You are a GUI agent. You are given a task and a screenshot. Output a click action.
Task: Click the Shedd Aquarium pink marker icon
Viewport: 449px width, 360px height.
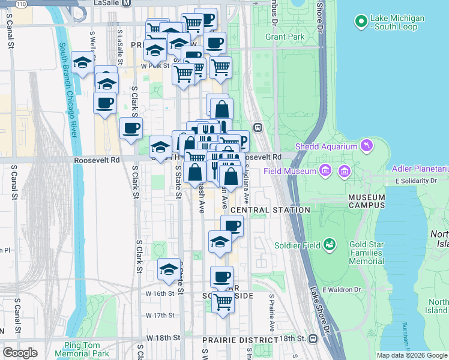point(365,146)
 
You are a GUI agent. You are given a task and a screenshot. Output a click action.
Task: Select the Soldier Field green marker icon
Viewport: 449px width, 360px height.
point(329,244)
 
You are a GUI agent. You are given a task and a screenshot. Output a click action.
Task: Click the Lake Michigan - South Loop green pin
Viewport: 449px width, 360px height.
point(361,22)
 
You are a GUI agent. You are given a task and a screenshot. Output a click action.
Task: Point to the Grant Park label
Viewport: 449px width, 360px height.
point(285,37)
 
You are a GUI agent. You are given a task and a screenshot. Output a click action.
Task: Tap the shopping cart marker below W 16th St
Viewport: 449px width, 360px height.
point(223,302)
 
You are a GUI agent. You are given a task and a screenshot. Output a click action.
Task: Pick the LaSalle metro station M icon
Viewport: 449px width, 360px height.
point(126,3)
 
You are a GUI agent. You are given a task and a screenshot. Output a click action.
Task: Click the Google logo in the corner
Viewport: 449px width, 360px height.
point(20,353)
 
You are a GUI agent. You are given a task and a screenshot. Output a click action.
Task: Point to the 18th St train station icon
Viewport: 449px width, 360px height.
point(313,338)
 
